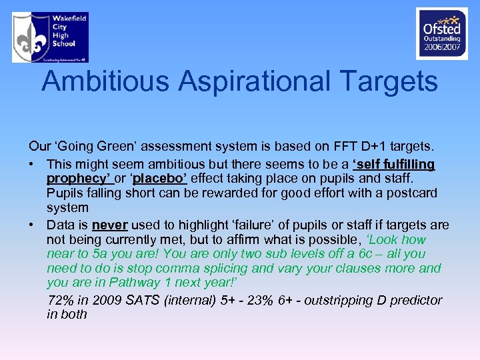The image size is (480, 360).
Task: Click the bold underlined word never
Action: pos(109,225)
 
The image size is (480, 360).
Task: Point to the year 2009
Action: pos(105,300)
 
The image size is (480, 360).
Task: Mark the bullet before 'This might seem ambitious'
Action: pos(32,164)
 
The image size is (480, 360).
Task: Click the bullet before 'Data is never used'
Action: pos(32,225)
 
